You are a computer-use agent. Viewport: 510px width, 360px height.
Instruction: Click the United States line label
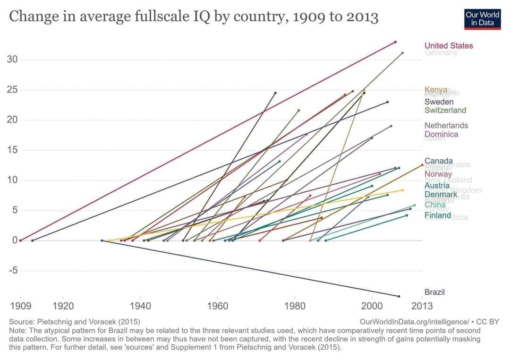pos(448,46)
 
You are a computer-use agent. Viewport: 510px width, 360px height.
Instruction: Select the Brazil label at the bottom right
pos(434,292)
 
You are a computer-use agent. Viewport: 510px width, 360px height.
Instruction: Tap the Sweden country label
pos(439,102)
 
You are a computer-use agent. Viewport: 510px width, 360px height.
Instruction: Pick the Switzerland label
pos(445,110)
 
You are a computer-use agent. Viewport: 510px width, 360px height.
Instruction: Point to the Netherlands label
pos(446,125)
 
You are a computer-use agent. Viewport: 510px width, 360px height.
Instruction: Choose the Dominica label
pos(441,134)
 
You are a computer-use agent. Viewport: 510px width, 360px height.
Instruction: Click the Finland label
pos(438,215)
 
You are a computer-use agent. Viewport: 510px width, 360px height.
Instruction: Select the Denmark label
pos(441,194)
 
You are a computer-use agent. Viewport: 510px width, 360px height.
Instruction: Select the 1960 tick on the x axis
pos(217,306)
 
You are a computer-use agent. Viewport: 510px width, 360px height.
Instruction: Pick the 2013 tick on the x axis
pos(422,306)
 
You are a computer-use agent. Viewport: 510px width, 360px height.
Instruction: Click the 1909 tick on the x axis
pos(21,306)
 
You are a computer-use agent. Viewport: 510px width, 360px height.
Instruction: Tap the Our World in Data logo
pos(482,19)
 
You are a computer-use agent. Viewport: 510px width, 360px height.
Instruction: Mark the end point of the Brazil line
pos(399,296)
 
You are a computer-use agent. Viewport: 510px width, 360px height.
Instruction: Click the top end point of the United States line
pos(395,42)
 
